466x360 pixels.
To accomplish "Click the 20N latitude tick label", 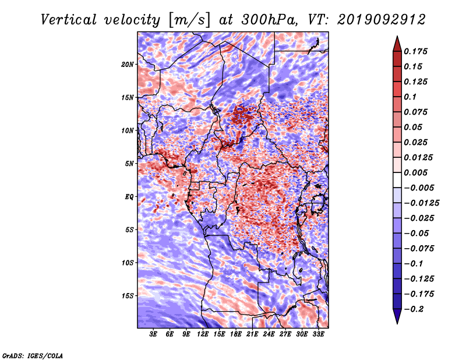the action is click(x=127, y=65).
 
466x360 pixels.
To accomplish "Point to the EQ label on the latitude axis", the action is click(x=129, y=197).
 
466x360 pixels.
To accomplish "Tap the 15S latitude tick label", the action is click(x=127, y=296).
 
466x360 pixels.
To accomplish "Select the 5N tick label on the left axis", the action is click(x=129, y=164).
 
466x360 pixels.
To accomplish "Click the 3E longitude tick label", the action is click(x=153, y=334).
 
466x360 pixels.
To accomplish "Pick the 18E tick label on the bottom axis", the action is click(x=236, y=334).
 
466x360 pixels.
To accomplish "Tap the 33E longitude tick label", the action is click(x=318, y=334).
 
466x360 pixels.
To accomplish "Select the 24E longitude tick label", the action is click(x=269, y=334).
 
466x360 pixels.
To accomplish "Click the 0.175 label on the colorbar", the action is click(x=415, y=51).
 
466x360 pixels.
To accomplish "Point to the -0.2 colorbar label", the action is click(x=414, y=309).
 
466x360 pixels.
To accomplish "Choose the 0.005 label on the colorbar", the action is click(x=415, y=172).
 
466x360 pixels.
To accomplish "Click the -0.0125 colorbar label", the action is click(x=421, y=203).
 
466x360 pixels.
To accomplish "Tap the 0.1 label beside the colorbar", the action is click(x=410, y=97).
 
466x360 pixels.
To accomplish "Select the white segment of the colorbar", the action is click(x=397, y=180).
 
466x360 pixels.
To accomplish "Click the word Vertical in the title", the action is click(x=69, y=20).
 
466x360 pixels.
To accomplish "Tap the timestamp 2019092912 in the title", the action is click(x=382, y=20).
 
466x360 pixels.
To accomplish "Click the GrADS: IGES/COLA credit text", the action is click(x=33, y=355).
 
